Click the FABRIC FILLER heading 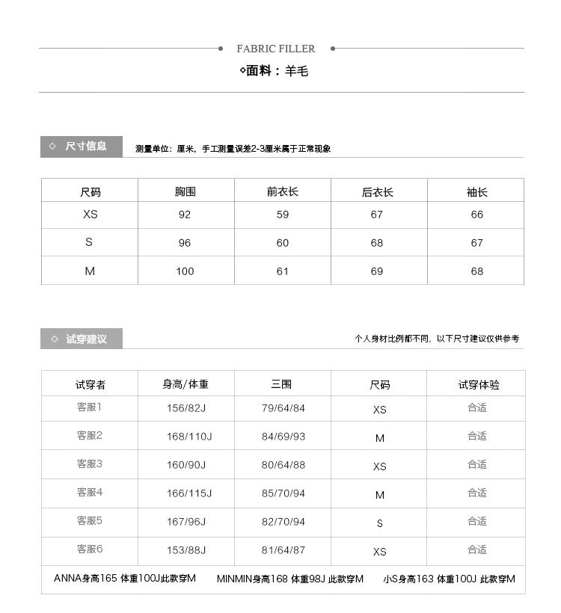(x=276, y=49)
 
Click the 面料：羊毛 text (x=274, y=71)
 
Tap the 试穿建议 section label (x=86, y=339)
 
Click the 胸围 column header (x=186, y=191)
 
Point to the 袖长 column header (x=476, y=192)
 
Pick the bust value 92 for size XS (x=185, y=215)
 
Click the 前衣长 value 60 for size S (x=282, y=243)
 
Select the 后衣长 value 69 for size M (x=377, y=271)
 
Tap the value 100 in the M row (x=185, y=271)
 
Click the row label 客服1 (x=89, y=407)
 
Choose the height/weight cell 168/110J (x=189, y=437)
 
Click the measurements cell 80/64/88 (x=283, y=465)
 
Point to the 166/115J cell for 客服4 (x=189, y=493)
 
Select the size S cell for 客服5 (x=379, y=523)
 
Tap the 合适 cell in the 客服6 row (x=477, y=549)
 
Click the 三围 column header (x=281, y=384)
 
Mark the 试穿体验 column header (x=479, y=385)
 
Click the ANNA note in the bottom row (x=125, y=578)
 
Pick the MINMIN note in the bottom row (x=290, y=579)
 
